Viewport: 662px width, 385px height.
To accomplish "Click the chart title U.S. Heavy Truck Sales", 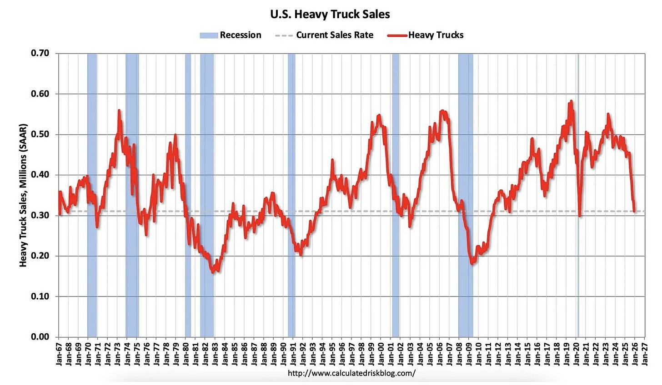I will coord(330,14).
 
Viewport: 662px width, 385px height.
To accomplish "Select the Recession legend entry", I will coord(231,35).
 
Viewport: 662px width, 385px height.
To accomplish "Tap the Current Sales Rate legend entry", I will coord(325,35).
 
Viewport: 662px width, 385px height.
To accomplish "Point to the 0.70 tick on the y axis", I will coord(40,54).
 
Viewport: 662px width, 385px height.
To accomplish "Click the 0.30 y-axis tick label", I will coord(40,215).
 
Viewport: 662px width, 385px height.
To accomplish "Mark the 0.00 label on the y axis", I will coord(40,336).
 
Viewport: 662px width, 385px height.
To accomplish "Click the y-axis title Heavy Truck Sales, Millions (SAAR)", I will coord(23,195).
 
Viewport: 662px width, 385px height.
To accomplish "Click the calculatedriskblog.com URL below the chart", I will coord(351,373).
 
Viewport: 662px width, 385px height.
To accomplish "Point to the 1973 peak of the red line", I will coord(119,111).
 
